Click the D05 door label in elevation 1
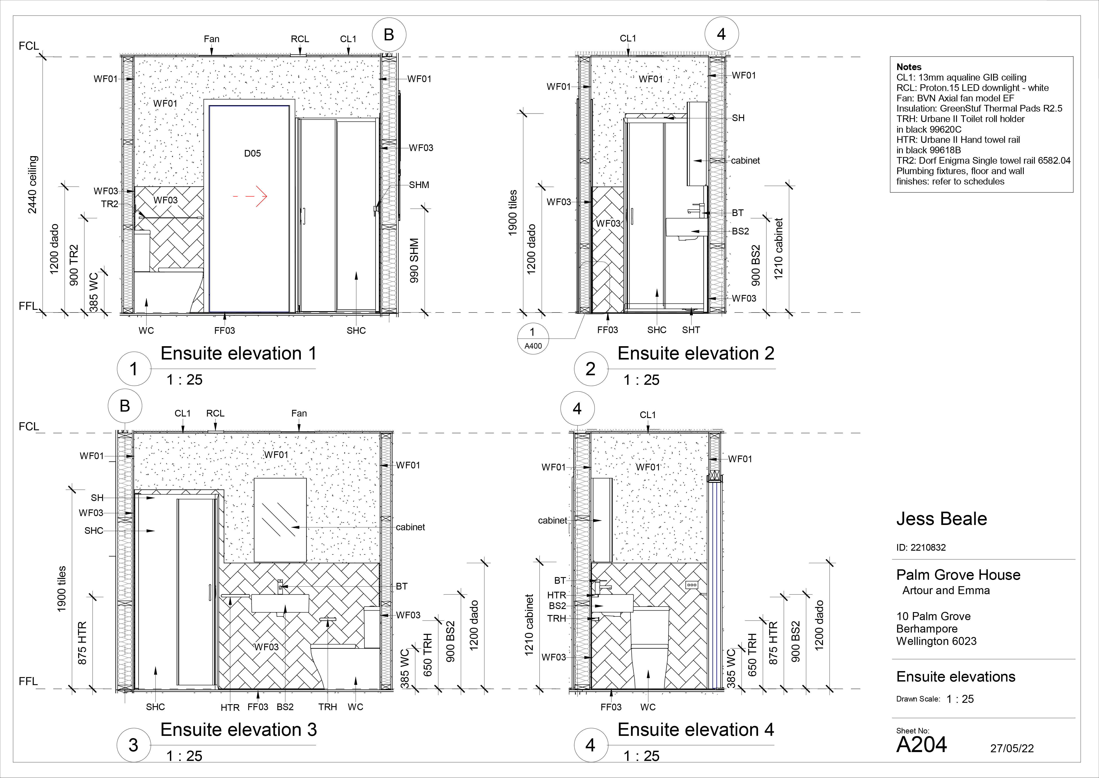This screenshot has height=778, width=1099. (x=252, y=153)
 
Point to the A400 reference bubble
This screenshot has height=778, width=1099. (x=533, y=339)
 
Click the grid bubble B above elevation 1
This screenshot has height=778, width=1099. (x=389, y=35)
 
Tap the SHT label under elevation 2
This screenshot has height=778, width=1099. (x=691, y=330)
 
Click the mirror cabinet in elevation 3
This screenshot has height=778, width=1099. (x=280, y=520)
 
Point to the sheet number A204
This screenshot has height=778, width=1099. (x=921, y=745)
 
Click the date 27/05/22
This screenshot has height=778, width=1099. (x=1012, y=748)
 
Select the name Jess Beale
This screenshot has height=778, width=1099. (x=941, y=519)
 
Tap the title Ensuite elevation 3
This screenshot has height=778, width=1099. (x=238, y=730)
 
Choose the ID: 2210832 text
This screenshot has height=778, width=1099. (x=921, y=548)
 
